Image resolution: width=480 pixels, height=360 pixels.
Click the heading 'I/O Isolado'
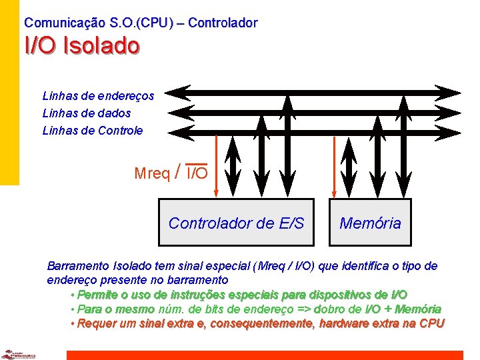tap(82, 46)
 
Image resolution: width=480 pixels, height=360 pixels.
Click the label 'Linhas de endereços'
tap(98, 96)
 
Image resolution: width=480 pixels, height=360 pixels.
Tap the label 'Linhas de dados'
tap(87, 113)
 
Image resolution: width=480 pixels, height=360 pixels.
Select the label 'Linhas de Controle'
tap(93, 131)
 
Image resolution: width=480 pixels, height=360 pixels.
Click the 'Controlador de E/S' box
tap(236, 223)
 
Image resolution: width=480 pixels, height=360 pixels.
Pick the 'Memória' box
tap(370, 223)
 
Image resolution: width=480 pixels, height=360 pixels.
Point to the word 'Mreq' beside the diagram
tap(152, 174)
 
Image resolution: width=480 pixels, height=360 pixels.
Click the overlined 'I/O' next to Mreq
tap(197, 174)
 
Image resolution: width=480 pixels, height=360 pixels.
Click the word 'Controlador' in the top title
tap(222, 23)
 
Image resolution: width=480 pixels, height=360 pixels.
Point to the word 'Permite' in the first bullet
tap(98, 295)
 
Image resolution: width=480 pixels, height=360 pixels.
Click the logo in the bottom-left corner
tap(18, 354)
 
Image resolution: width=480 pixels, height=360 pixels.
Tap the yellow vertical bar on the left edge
tap(9, 93)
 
